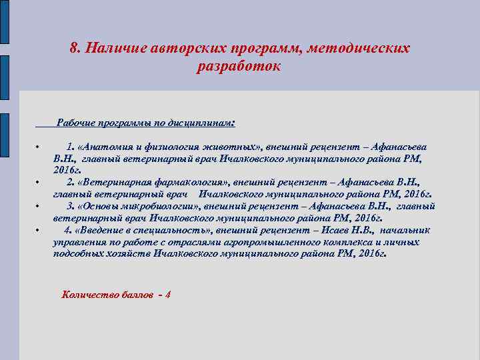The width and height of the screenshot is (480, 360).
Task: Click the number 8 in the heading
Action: (73, 49)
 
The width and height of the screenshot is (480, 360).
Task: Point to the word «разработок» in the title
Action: (239, 67)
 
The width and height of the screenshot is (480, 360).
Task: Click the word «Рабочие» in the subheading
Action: (75, 123)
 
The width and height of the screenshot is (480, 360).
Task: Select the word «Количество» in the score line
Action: (87, 294)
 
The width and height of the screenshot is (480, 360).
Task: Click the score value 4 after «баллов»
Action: (168, 294)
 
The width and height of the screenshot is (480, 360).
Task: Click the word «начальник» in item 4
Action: (407, 230)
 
